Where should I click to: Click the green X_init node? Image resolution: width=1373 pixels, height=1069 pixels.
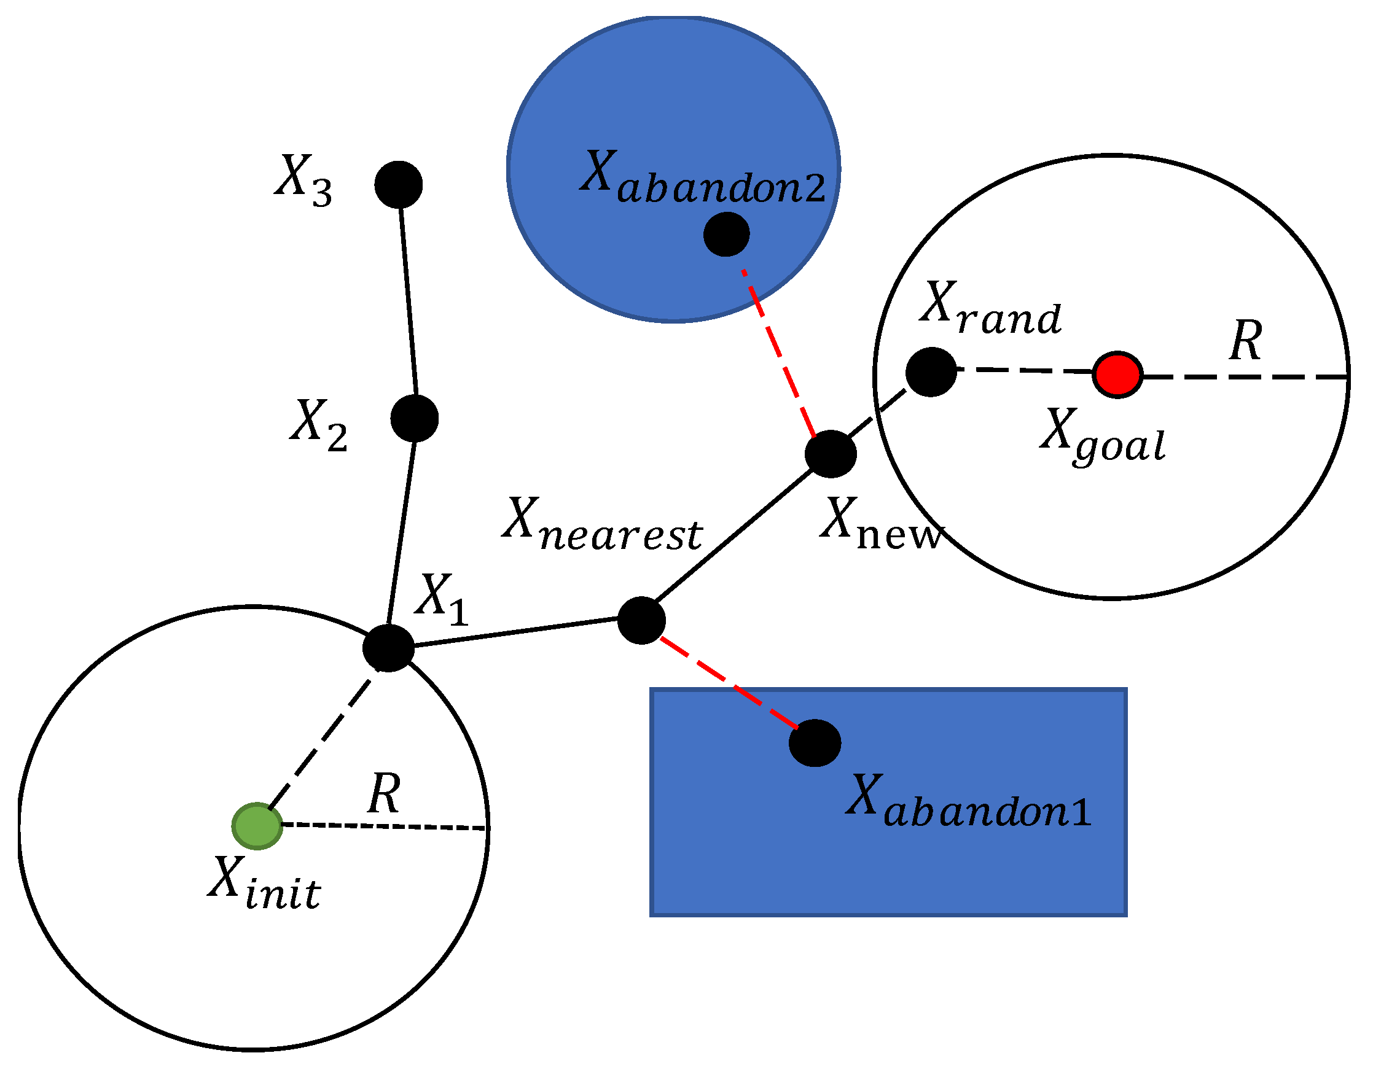tap(257, 826)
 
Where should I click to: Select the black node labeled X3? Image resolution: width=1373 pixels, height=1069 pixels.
tap(399, 184)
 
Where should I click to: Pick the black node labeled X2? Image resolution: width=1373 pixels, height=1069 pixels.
tap(414, 418)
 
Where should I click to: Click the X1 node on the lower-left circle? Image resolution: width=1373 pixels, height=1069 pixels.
tap(388, 648)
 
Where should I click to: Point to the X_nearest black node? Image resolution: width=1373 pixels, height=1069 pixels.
tap(641, 620)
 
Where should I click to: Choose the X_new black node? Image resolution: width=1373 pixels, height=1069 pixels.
tap(831, 454)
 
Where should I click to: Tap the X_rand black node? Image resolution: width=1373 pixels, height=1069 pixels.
tap(931, 372)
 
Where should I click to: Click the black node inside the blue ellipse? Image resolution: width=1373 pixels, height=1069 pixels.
tap(726, 235)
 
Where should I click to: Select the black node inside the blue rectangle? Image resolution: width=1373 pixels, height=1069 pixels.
tap(815, 743)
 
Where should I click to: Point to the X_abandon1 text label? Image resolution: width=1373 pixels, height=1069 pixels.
tap(968, 801)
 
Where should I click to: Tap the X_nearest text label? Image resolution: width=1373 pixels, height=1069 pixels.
tap(601, 524)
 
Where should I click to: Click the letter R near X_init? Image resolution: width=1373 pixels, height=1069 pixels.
tap(384, 793)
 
